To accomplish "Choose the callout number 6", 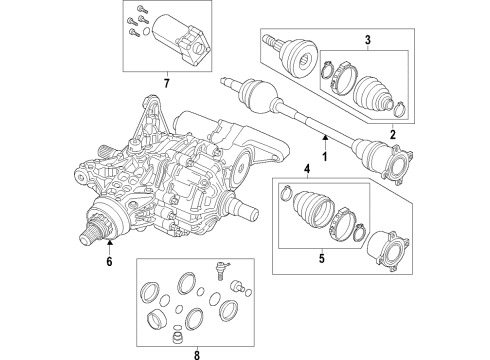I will (x=109, y=264).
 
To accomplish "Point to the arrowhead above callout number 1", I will (x=323, y=135).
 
